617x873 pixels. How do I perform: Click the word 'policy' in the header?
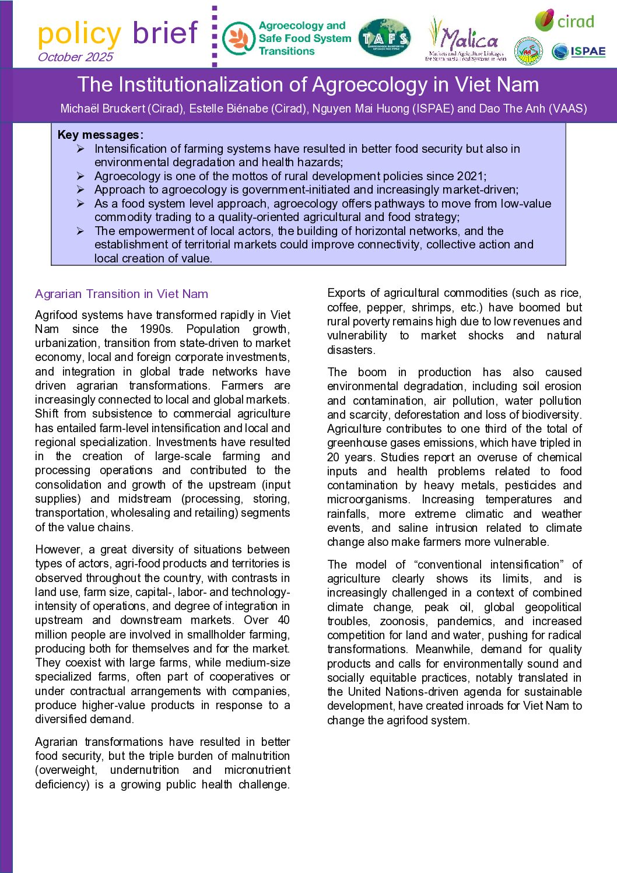(x=79, y=34)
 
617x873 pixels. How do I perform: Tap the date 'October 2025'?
(x=75, y=57)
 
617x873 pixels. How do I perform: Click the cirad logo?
(x=565, y=22)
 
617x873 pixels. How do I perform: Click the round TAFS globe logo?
(x=384, y=38)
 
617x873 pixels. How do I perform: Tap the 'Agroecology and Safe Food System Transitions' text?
(x=304, y=38)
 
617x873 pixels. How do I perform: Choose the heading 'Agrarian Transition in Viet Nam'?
(x=121, y=294)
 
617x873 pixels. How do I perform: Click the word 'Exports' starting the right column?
(x=346, y=293)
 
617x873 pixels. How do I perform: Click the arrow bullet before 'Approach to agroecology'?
(x=80, y=190)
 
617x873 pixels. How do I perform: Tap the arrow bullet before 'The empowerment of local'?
(x=80, y=231)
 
